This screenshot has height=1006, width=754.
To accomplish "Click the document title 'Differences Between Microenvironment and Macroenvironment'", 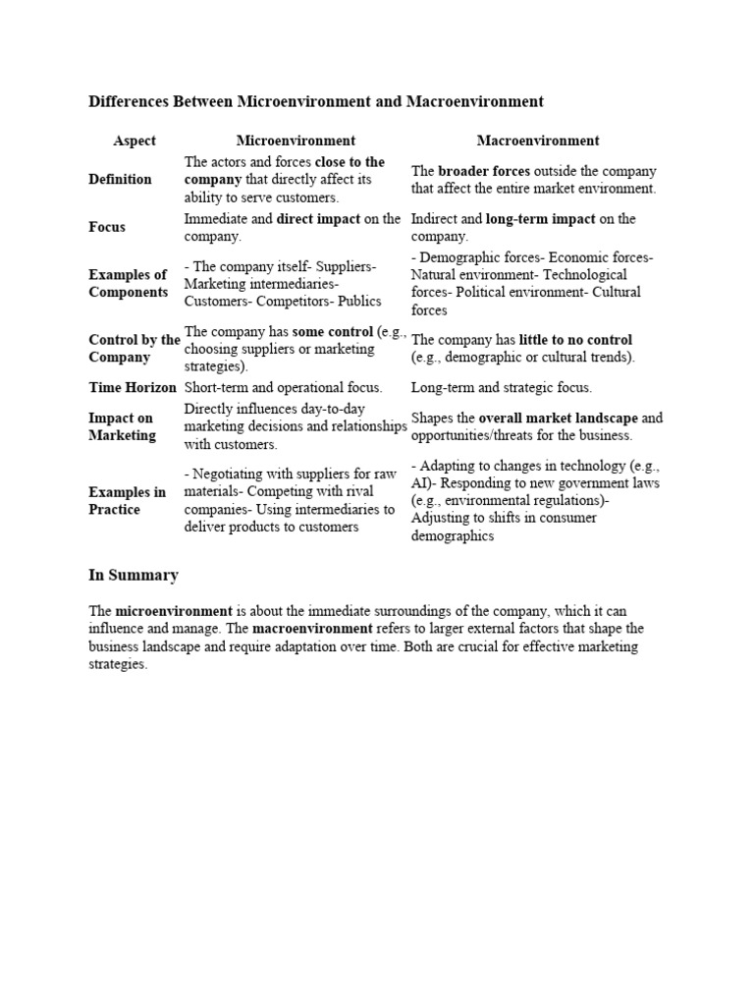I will (x=316, y=101).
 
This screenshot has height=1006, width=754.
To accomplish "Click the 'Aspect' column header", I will (x=135, y=140).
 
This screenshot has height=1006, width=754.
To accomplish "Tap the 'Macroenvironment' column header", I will (x=538, y=140).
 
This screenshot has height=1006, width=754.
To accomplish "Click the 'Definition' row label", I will (x=120, y=179).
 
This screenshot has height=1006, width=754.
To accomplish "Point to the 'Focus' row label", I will (x=107, y=227).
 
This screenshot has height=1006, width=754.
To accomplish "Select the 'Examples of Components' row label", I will (x=129, y=284).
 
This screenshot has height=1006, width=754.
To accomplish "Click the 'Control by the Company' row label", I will (x=135, y=349).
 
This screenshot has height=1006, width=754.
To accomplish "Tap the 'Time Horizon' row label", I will (x=133, y=388).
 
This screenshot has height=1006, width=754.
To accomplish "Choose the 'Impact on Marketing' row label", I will (x=122, y=426).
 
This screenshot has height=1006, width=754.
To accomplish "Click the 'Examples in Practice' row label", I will (x=128, y=501).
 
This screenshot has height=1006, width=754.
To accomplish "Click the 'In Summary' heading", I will (x=134, y=575).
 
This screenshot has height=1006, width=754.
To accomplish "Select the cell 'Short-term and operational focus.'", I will (x=284, y=388).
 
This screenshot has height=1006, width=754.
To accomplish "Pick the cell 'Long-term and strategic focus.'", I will (x=502, y=388).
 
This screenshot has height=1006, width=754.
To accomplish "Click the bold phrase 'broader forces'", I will (x=483, y=171).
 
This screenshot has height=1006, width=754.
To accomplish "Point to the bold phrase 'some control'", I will (x=332, y=332).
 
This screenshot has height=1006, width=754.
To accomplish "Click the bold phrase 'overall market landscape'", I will (x=558, y=418).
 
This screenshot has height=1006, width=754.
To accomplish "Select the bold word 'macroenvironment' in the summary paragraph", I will (x=312, y=628).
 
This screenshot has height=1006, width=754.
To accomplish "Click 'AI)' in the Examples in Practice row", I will (x=421, y=483).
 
